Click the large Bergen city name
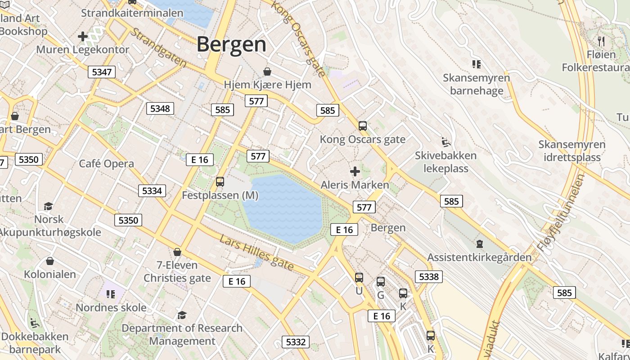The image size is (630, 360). (231, 45)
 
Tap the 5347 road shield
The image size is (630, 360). (102, 72)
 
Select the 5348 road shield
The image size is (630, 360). (160, 108)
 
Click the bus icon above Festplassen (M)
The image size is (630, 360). (220, 182)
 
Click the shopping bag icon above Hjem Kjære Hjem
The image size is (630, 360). (267, 72)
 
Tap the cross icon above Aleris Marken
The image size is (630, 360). (355, 171)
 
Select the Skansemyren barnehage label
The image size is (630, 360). (477, 84)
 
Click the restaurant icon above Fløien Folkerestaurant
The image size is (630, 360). (601, 41)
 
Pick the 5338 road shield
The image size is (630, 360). (428, 276)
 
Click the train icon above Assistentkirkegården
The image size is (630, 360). (479, 244)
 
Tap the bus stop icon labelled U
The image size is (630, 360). (359, 278)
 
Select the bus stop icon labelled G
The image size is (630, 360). (380, 282)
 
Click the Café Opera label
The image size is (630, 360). (107, 164)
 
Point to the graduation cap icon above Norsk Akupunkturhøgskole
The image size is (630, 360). (48, 206)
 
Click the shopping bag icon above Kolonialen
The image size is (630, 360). (50, 261)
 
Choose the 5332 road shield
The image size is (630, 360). (296, 342)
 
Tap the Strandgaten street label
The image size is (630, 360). (158, 48)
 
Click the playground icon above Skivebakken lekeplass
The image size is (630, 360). (445, 142)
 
